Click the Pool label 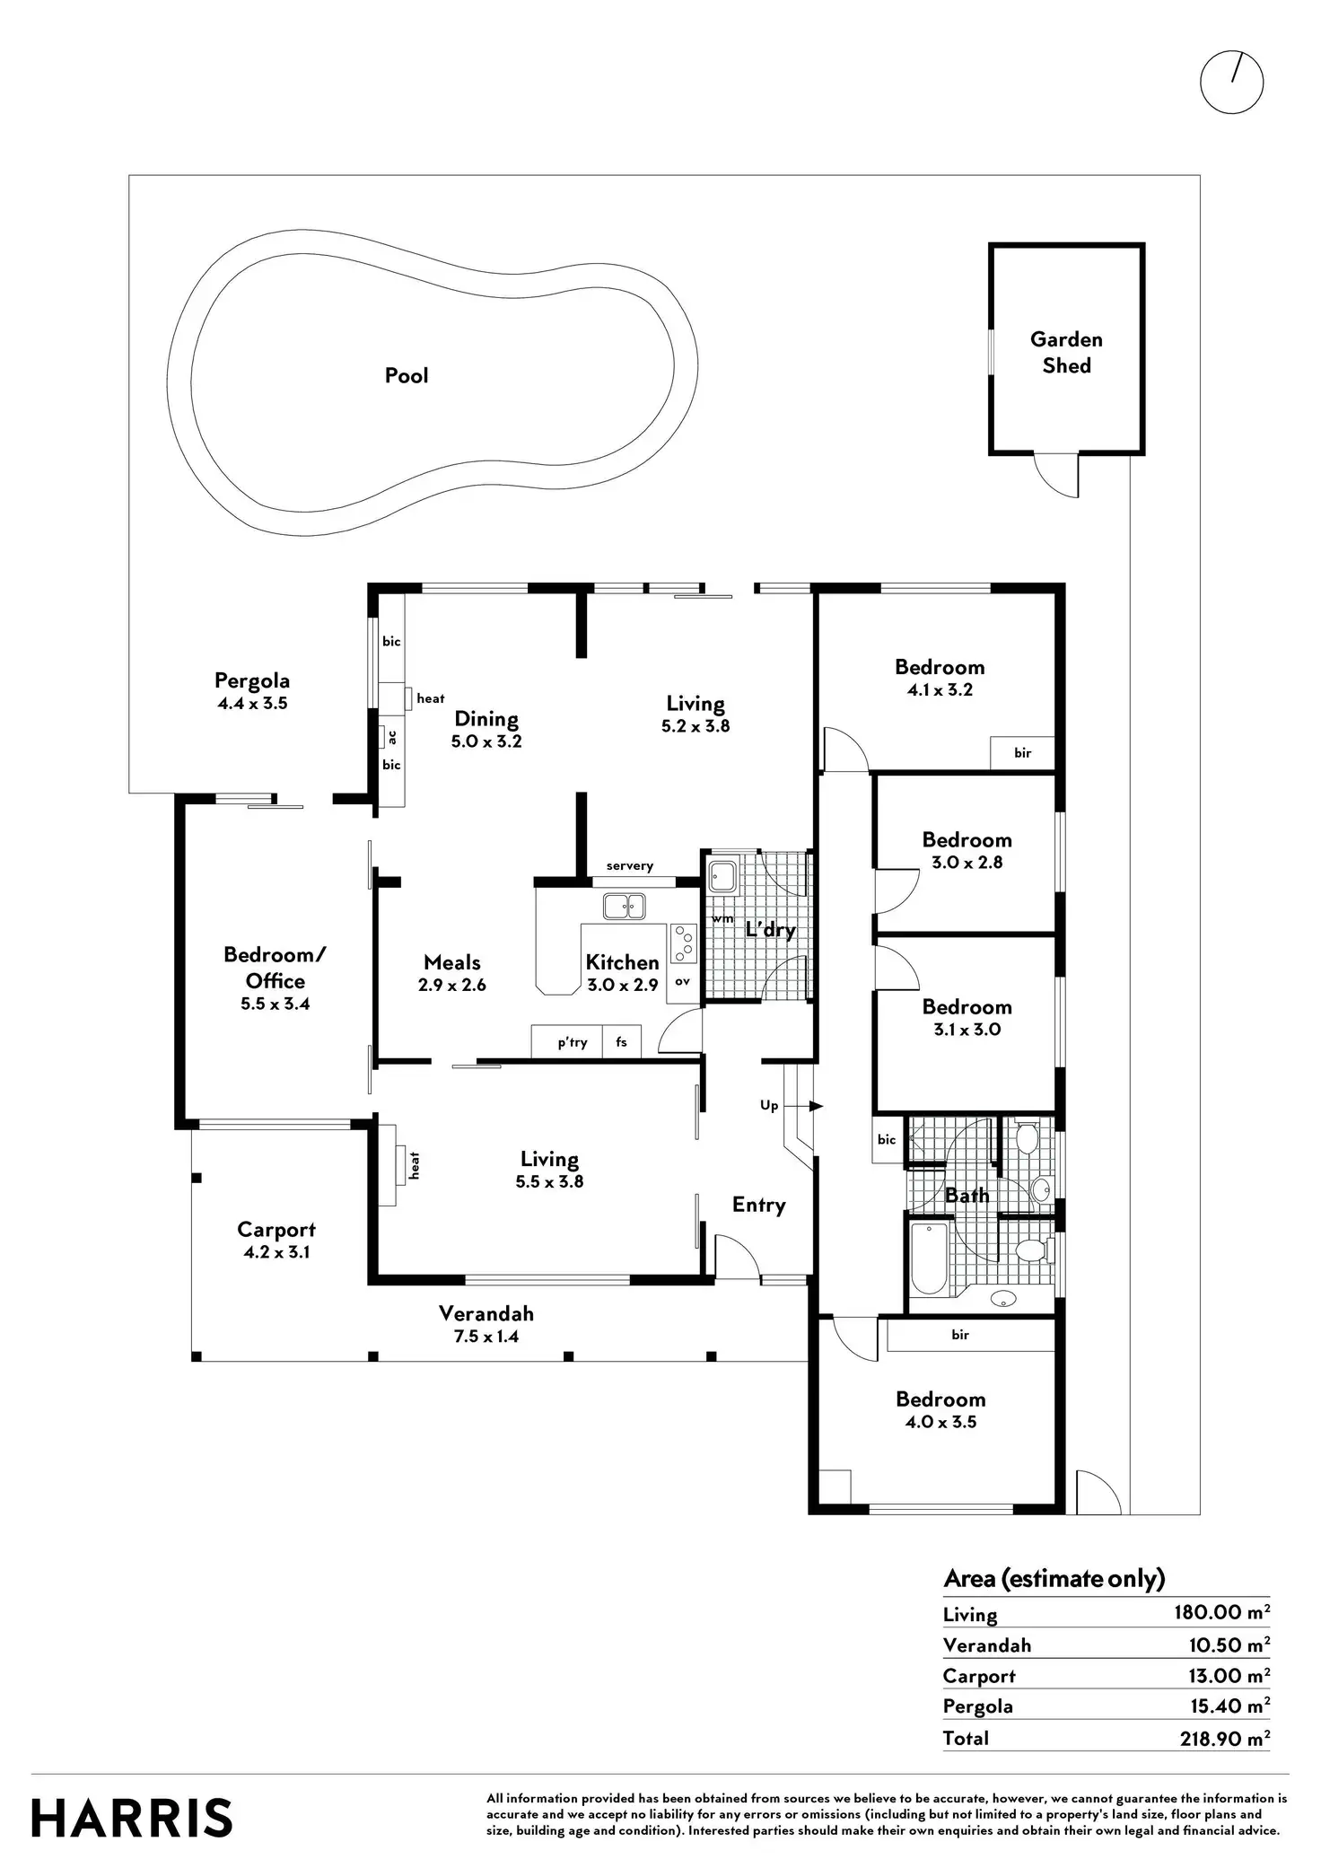(x=407, y=375)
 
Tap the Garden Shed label (x=1066, y=352)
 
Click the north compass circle (x=1231, y=83)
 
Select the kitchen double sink (x=624, y=906)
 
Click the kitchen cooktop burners (x=684, y=942)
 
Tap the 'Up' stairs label (x=769, y=1105)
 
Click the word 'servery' (x=629, y=865)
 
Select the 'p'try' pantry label (x=572, y=1042)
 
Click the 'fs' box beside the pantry (x=621, y=1041)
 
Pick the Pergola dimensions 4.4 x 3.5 (x=252, y=704)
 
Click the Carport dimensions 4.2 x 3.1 (x=276, y=1252)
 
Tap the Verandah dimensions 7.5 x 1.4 (x=486, y=1336)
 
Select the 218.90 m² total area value (x=1224, y=1738)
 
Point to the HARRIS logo (x=132, y=1818)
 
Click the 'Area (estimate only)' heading (x=1054, y=1578)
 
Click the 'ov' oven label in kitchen (x=682, y=981)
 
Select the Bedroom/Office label (x=275, y=968)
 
